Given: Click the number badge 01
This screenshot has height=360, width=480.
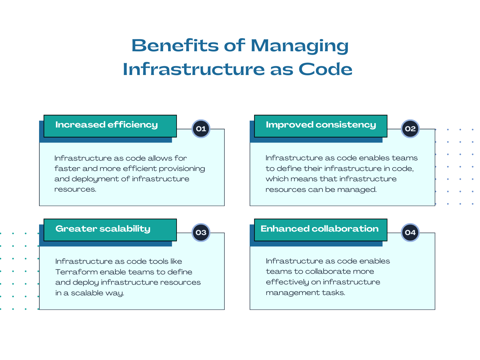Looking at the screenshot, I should (x=201, y=129).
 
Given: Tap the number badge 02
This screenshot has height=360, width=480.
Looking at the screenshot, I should (x=410, y=129).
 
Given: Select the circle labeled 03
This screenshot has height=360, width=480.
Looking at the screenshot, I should (x=201, y=232).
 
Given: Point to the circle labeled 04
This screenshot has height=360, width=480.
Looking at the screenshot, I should (x=410, y=232).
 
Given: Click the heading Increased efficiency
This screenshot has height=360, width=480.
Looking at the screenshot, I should (x=107, y=125).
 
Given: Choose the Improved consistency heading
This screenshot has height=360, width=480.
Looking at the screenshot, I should (x=321, y=125).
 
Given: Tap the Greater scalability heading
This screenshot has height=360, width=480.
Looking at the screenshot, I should (x=103, y=229).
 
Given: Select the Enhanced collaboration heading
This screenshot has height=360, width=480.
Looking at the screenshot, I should (x=319, y=229).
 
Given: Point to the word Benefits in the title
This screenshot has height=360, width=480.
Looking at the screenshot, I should (x=175, y=46).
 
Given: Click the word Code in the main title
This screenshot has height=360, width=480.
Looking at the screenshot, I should (x=325, y=69).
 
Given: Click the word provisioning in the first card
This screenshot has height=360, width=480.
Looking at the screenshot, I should (x=182, y=169).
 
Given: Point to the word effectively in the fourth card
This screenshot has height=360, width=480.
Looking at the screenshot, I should (x=287, y=282).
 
